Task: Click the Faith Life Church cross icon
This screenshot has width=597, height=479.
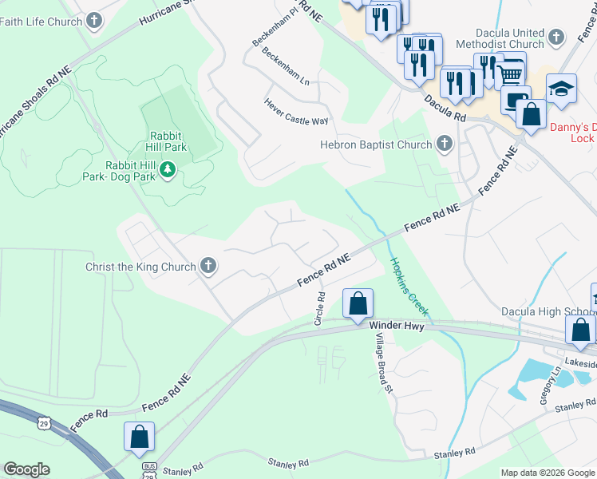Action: (x=94, y=21)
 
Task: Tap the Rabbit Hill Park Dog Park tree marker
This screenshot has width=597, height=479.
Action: (x=167, y=170)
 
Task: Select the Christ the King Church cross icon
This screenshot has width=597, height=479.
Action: (x=208, y=266)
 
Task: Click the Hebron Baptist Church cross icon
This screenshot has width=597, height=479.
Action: (x=444, y=144)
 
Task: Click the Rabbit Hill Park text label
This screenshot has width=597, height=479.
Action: (x=166, y=142)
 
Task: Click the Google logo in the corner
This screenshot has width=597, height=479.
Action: (x=26, y=469)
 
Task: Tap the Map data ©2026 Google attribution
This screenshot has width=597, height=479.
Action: (x=548, y=473)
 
